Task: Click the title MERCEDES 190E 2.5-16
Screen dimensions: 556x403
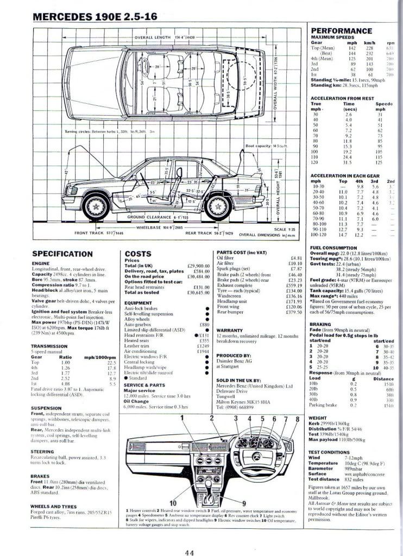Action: tap(96, 17)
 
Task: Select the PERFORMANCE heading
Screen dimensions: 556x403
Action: tap(342, 31)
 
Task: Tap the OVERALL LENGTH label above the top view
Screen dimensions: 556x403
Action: tap(152, 37)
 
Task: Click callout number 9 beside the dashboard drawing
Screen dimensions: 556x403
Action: tap(244, 503)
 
